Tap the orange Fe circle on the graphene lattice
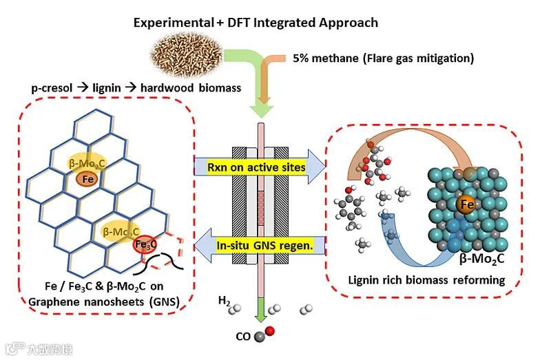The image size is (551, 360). (x=87, y=179)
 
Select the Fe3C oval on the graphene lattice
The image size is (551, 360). (x=146, y=244)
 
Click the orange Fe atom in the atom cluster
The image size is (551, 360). (x=466, y=204)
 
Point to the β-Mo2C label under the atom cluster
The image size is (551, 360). (x=486, y=258)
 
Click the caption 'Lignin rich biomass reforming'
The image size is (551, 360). (x=436, y=280)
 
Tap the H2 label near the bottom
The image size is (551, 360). (x=225, y=301)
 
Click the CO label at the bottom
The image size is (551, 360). (x=242, y=336)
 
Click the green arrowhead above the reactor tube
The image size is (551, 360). (x=260, y=108)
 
